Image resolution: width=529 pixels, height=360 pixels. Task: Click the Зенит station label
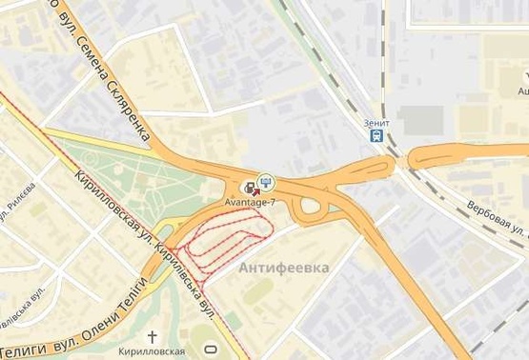(x=376, y=123)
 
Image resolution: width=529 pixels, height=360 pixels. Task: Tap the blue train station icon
(x=377, y=136)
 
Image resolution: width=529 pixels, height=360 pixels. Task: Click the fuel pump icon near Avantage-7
(x=251, y=187)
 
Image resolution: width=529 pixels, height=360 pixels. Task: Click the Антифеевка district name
(x=284, y=268)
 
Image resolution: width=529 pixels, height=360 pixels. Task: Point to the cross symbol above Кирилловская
(x=153, y=336)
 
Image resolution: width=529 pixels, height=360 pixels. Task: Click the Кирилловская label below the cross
(x=153, y=351)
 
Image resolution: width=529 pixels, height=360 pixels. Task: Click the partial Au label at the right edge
(x=522, y=91)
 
